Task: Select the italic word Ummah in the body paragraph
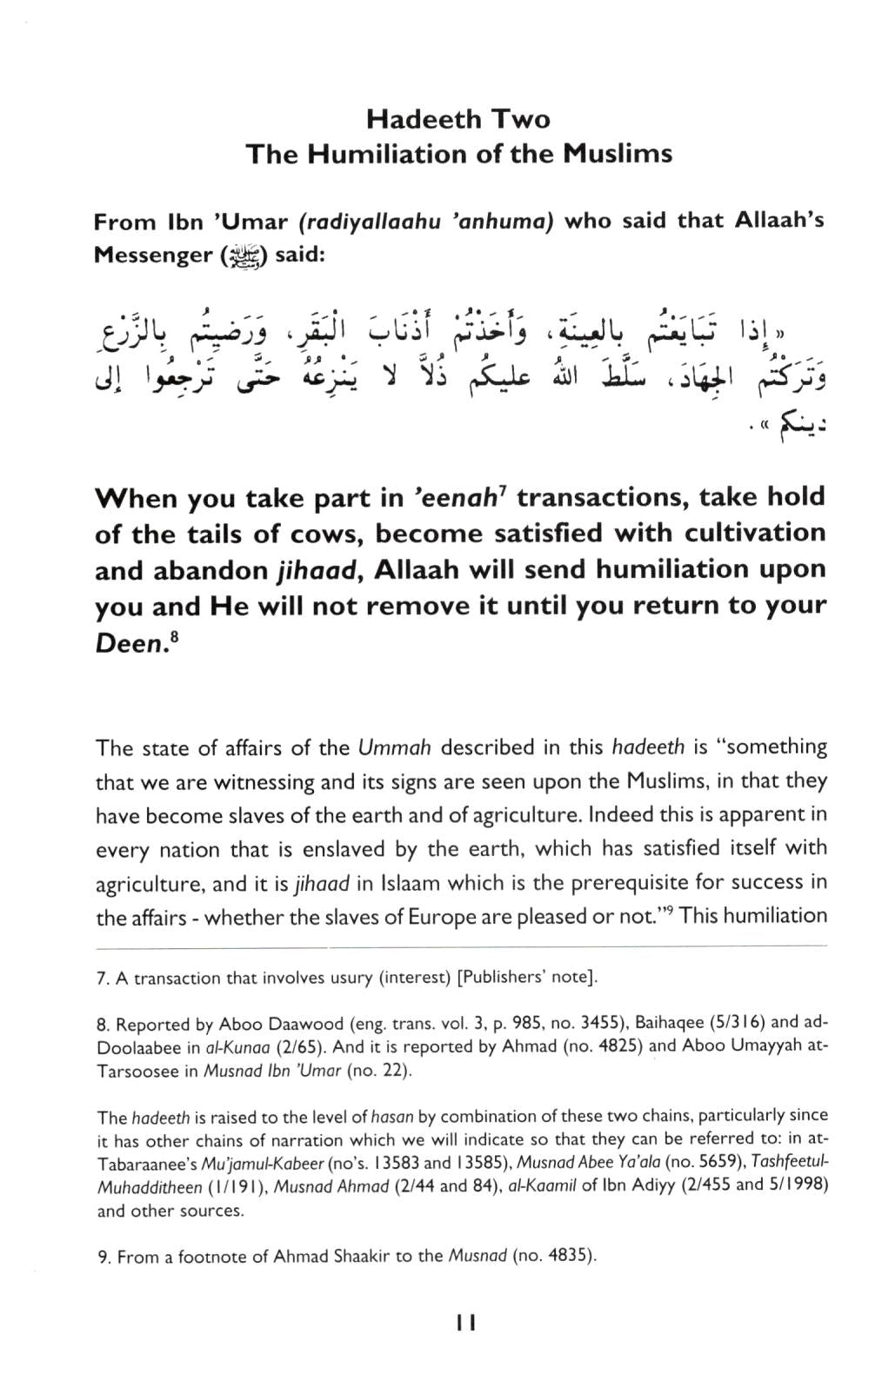point(391,747)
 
